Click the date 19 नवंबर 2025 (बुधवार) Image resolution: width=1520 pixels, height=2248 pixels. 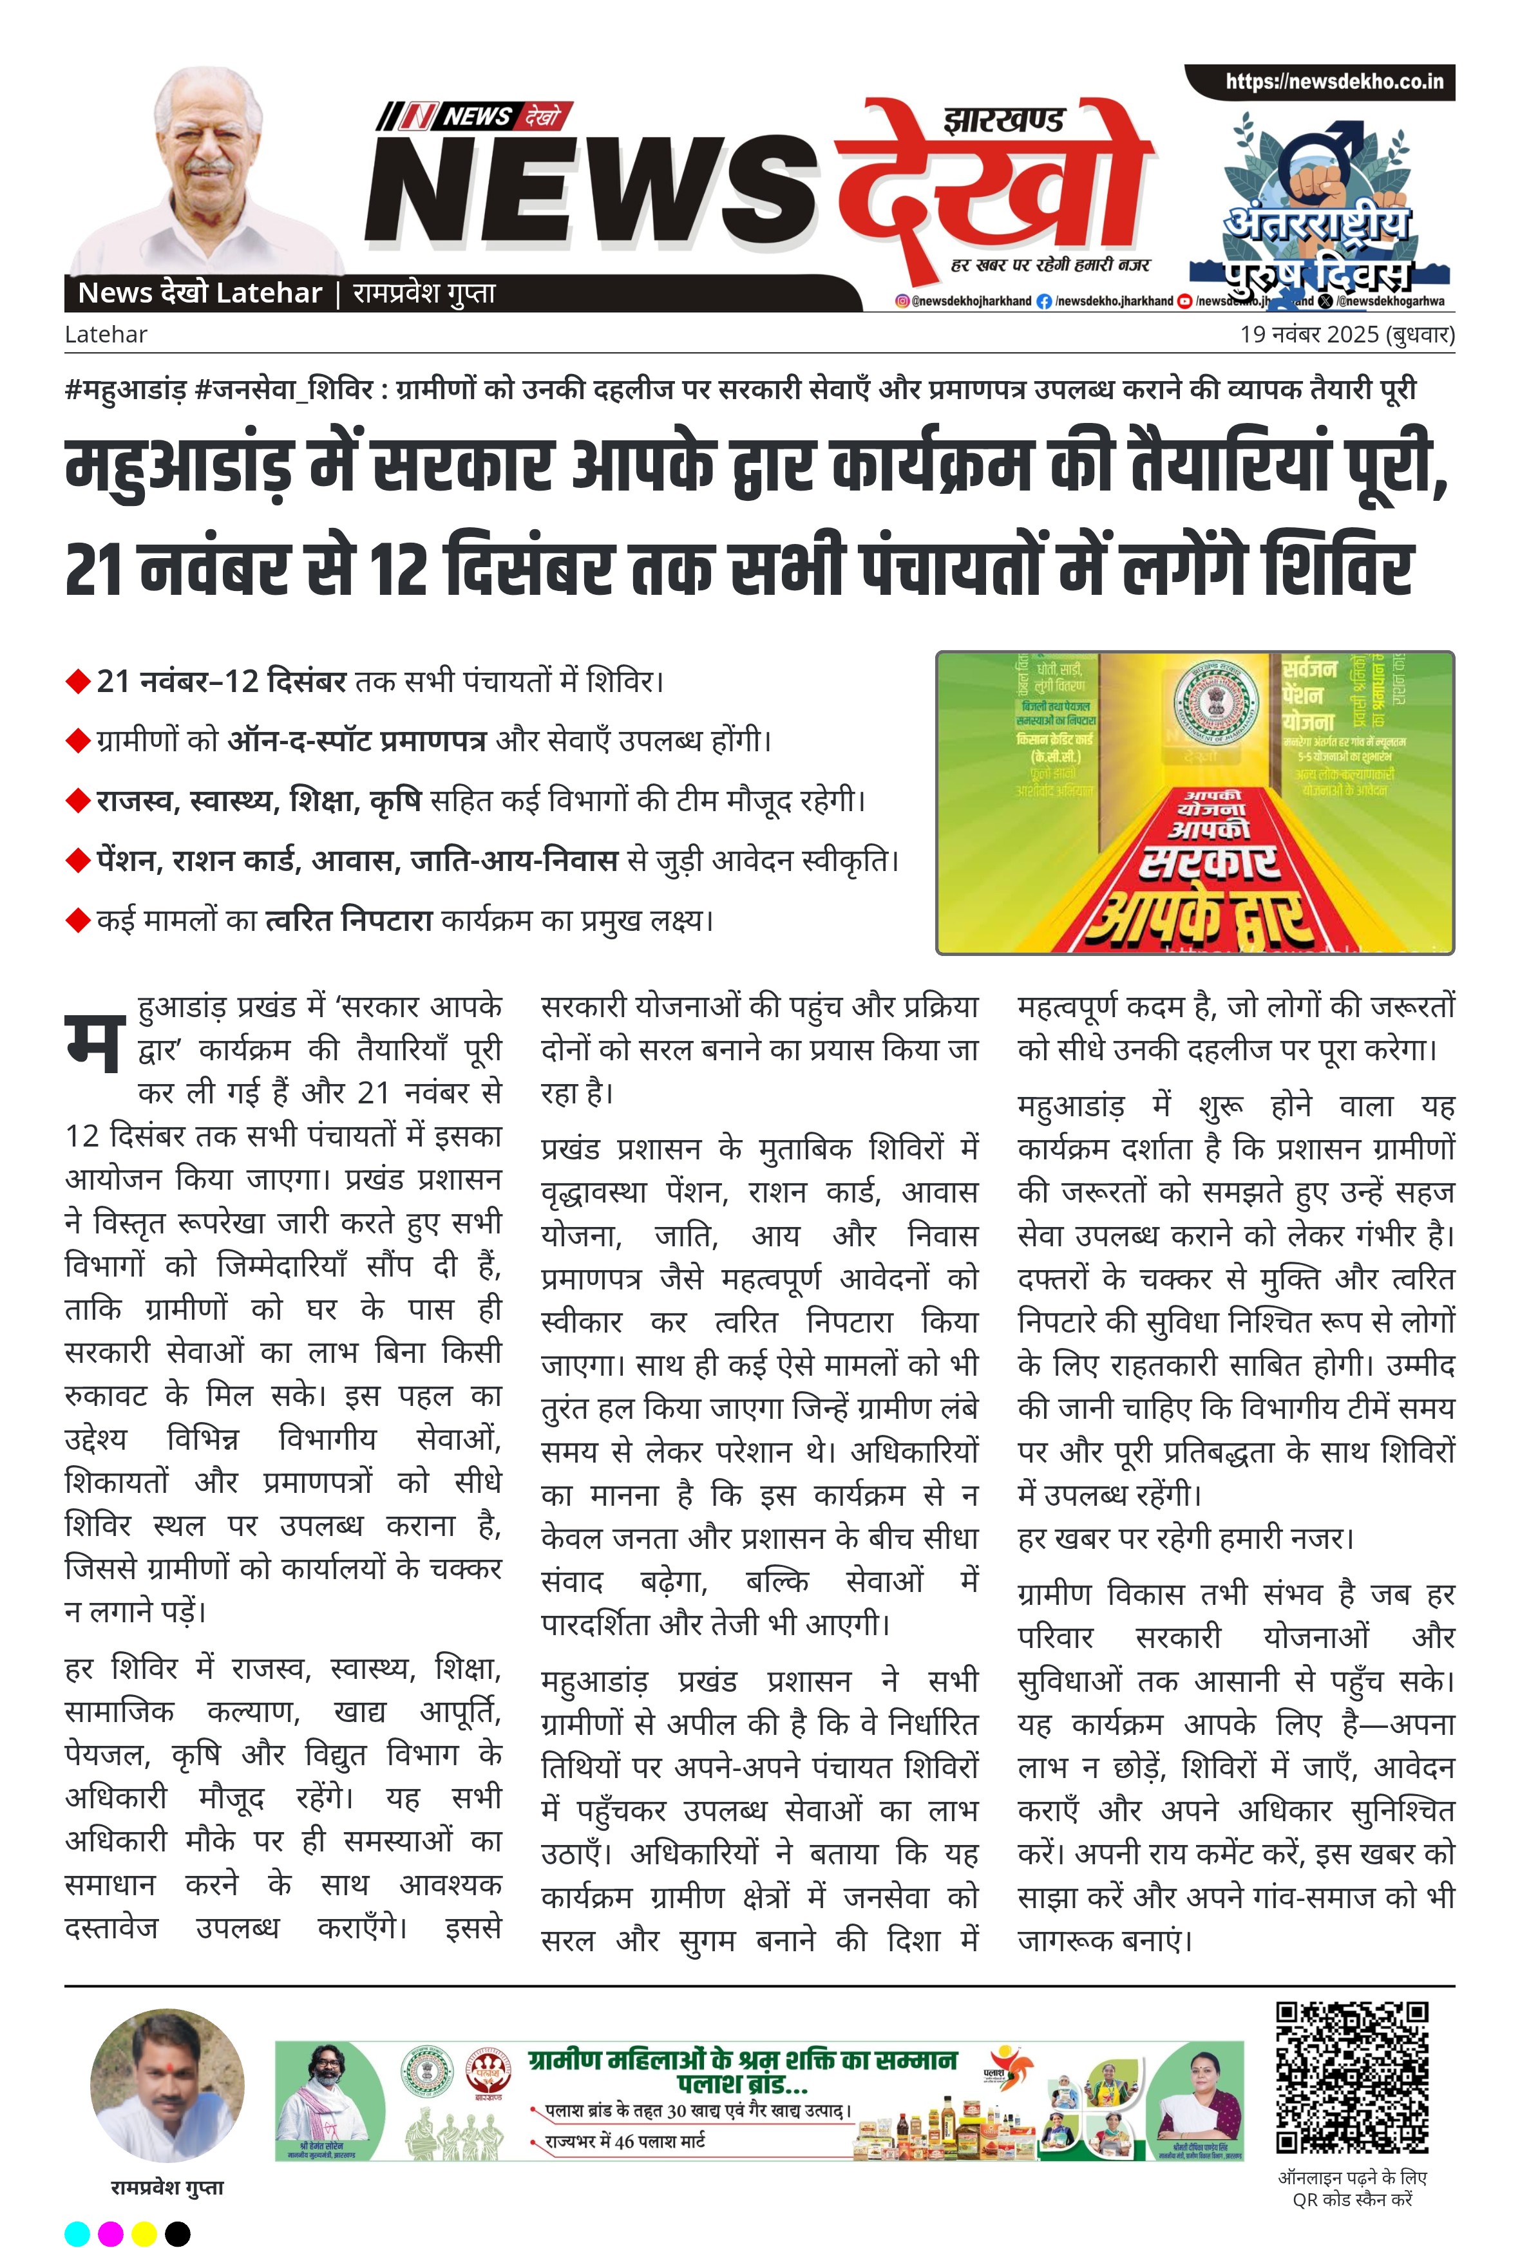[1347, 335]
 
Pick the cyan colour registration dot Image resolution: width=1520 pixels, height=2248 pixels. [77, 2233]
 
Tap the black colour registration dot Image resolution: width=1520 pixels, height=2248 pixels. [178, 2233]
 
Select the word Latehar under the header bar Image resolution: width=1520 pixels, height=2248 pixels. [106, 335]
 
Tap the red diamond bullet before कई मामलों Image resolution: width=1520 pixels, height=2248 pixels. [77, 920]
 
